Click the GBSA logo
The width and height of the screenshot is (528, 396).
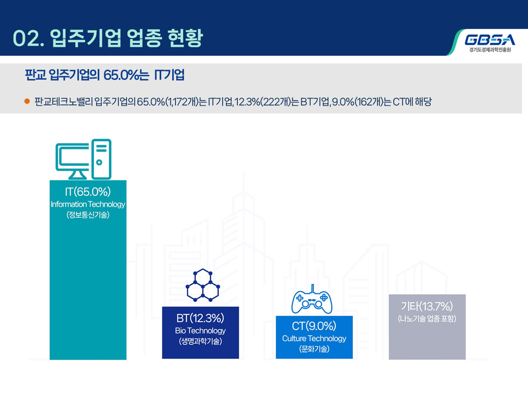tap(490, 40)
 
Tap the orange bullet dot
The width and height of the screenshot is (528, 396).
tap(27, 101)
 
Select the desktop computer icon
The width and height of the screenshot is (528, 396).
tap(83, 159)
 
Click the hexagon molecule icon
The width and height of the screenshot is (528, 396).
tap(203, 285)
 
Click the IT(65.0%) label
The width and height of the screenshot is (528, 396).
tap(88, 192)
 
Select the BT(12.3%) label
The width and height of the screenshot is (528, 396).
tap(200, 318)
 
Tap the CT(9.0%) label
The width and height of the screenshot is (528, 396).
tap(314, 326)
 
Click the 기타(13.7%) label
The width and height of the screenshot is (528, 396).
tap(427, 306)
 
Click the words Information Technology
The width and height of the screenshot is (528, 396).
tap(88, 204)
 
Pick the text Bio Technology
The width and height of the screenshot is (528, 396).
tap(200, 331)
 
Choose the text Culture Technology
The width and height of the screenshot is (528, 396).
tap(314, 338)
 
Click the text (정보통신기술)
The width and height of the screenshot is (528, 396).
tap(88, 215)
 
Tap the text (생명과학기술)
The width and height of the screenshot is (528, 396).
tap(200, 341)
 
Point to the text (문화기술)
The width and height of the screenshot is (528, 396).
tap(314, 349)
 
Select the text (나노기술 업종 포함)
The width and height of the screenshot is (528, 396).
tap(427, 319)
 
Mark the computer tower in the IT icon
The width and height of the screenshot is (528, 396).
tap(101, 159)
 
